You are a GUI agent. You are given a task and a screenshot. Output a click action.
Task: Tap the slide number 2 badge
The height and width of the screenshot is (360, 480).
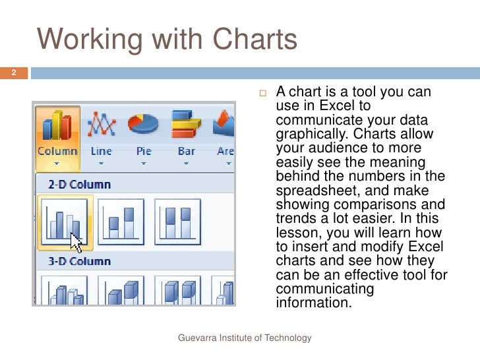[13, 73]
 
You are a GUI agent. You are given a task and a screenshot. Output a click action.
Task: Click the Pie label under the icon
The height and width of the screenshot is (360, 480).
[144, 151]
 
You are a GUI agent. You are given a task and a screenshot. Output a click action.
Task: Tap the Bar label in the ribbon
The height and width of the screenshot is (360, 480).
[187, 151]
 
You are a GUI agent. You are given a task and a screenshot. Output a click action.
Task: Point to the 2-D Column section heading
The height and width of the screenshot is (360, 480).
[78, 185]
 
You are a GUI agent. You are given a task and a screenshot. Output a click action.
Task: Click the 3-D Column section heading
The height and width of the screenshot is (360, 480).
[78, 261]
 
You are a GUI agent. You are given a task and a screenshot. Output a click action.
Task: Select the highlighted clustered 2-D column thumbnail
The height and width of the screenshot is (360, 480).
[65, 222]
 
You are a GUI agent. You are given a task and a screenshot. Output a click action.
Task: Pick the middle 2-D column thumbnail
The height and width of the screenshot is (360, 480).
[121, 222]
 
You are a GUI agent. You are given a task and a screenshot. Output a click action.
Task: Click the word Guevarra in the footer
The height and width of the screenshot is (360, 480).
[198, 338]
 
